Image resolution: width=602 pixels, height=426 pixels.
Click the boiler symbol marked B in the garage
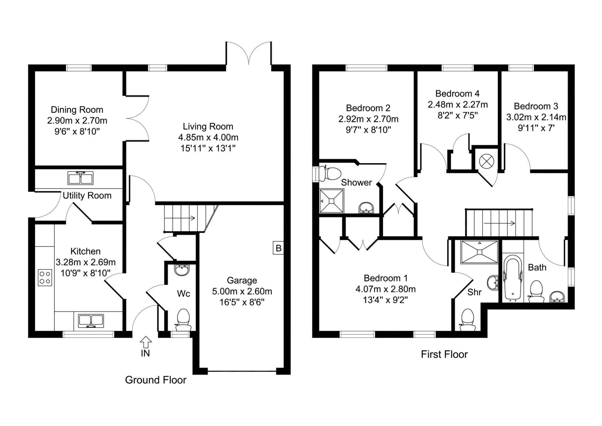(278, 248)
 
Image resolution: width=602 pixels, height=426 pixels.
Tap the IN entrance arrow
(146, 343)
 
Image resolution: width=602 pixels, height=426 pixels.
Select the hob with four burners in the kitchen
(45, 277)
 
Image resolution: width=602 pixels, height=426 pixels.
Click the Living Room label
(208, 126)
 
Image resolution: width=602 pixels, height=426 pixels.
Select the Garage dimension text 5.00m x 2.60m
(242, 291)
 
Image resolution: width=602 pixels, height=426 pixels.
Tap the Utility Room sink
(80, 178)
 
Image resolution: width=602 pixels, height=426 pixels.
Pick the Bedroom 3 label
(536, 106)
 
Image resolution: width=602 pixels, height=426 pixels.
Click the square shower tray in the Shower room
(332, 200)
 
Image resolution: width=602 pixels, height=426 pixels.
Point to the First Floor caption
(444, 354)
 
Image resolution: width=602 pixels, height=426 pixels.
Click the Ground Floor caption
(155, 380)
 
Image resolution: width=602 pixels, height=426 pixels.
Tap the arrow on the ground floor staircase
(180, 218)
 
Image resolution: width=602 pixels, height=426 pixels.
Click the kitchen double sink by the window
(91, 321)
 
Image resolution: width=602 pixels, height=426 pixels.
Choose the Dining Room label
(77, 110)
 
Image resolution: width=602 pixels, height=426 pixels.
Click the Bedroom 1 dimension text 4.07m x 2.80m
(385, 289)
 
